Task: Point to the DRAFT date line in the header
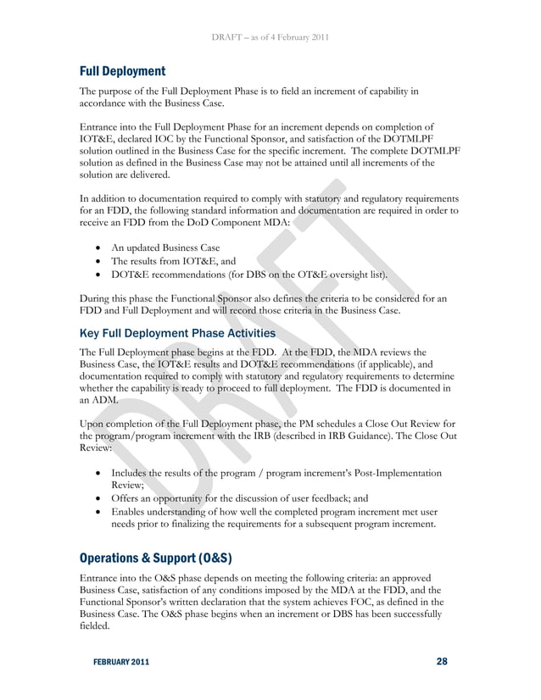pyautogui.click(x=270, y=37)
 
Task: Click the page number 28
pyautogui.click(x=441, y=662)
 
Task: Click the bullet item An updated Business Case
pyautogui.click(x=171, y=247)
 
